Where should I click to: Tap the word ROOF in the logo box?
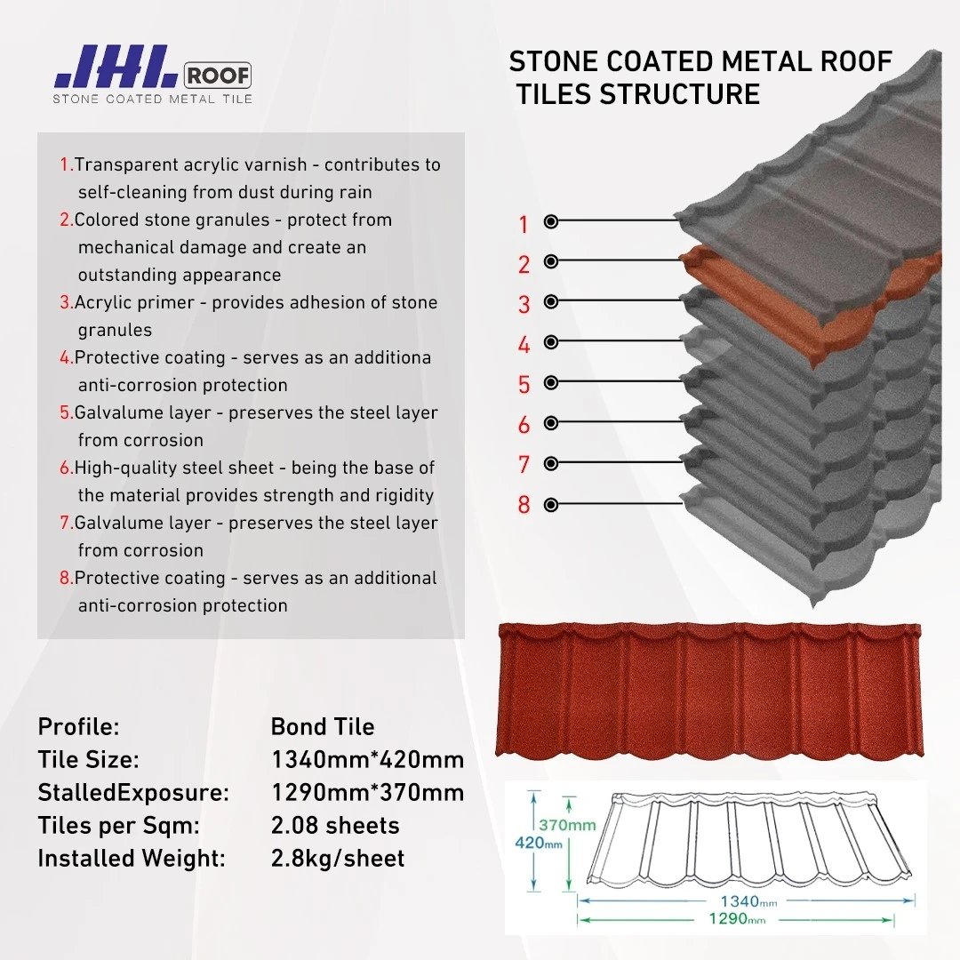(x=218, y=76)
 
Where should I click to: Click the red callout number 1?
(x=524, y=225)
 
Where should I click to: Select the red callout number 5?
(x=524, y=385)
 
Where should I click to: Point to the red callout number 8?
(x=524, y=505)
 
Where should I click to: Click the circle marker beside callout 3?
(x=551, y=301)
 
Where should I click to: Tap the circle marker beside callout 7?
(x=551, y=463)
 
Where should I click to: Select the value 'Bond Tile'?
(x=323, y=727)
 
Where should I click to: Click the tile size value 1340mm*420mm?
(x=367, y=760)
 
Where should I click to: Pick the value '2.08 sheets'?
(x=335, y=825)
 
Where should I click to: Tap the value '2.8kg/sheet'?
(x=338, y=859)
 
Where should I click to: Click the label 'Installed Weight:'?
(x=132, y=859)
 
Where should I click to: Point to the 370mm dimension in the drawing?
(x=567, y=825)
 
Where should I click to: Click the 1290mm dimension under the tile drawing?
(x=737, y=919)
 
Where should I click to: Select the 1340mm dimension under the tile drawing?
(x=748, y=902)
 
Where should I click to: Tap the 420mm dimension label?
(x=539, y=843)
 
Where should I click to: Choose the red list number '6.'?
(x=66, y=468)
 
